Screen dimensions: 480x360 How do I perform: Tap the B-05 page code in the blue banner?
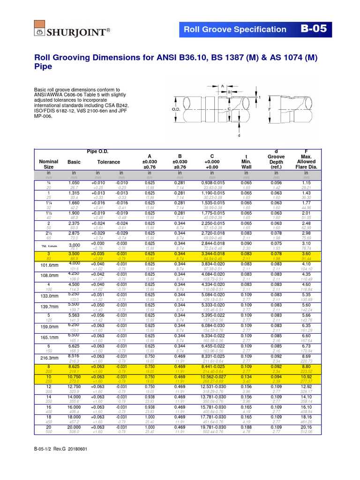[313, 29]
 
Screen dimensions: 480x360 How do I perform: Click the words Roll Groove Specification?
[234, 30]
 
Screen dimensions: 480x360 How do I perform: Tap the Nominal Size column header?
[49, 164]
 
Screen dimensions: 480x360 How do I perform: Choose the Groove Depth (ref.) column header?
[276, 161]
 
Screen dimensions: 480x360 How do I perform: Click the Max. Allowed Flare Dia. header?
[307, 159]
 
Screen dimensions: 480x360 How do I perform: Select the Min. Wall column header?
[246, 161]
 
